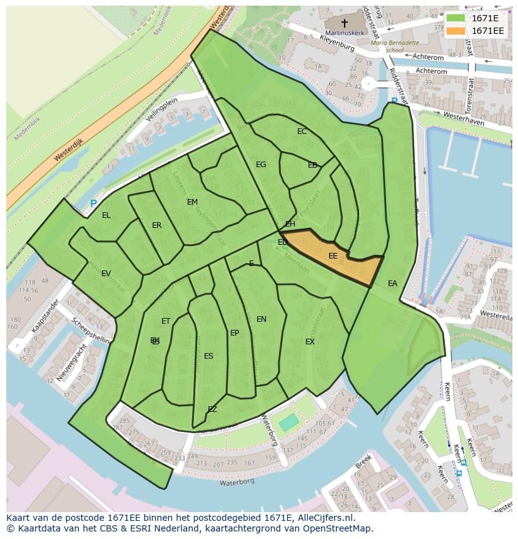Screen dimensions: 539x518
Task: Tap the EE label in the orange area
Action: [333, 256]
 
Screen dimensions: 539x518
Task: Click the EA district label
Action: [392, 284]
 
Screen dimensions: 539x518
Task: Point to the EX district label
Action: [310, 342]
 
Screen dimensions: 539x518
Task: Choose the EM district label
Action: [192, 202]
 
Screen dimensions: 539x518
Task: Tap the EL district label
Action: [106, 215]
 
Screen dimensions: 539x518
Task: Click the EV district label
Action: [106, 274]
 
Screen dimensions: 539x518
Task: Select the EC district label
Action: [302, 131]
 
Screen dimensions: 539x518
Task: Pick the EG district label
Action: [261, 165]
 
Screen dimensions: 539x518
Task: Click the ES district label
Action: [208, 356]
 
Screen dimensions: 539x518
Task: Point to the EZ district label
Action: [212, 409]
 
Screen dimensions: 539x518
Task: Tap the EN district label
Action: [262, 319]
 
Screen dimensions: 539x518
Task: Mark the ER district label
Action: [156, 225]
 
